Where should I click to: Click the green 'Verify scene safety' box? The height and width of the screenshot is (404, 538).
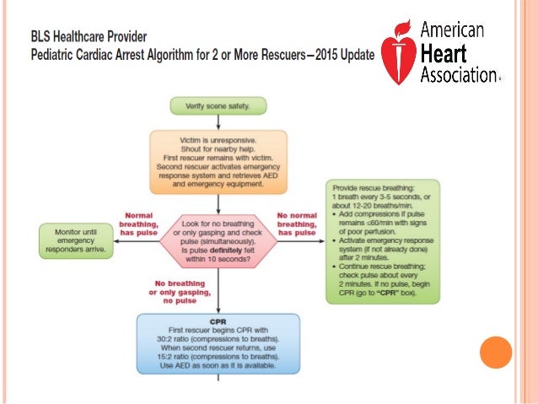click(x=218, y=106)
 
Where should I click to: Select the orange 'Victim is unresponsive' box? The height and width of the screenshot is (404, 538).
click(x=218, y=162)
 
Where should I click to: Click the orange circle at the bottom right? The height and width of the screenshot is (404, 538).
click(x=495, y=353)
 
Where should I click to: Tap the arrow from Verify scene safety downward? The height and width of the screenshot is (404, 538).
click(x=218, y=121)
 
